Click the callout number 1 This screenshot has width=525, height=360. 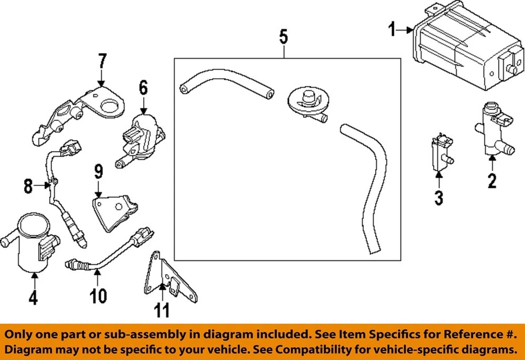[392, 29]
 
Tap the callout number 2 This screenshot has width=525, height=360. [492, 180]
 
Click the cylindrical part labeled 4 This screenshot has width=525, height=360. [33, 244]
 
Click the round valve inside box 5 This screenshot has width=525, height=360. [305, 101]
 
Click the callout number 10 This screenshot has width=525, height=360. [98, 296]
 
